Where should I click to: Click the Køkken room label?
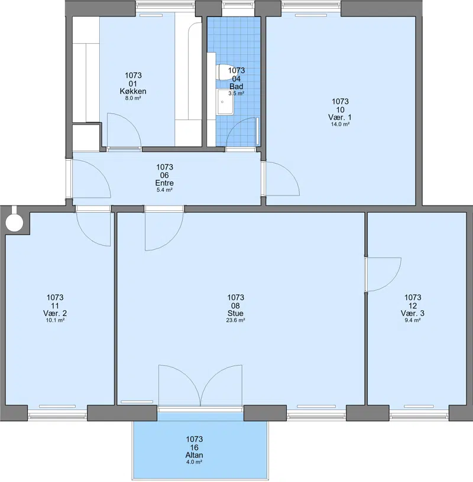[133, 92]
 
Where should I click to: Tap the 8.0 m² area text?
[133, 99]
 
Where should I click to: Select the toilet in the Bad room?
[222, 72]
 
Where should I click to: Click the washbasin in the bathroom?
[225, 102]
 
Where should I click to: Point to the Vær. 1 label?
[340, 117]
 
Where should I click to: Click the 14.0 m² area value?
[340, 124]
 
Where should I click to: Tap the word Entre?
[164, 183]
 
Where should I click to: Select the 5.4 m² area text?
[164, 190]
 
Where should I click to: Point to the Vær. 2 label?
[55, 313]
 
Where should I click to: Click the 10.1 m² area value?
[55, 320]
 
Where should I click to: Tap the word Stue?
[235, 313]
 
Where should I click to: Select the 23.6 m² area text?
[235, 320]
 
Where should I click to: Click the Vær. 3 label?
[412, 313]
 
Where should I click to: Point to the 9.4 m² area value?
[412, 320]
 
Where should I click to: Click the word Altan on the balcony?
[194, 455]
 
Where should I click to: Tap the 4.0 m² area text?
[194, 462]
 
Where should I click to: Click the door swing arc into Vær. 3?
[391, 282]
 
